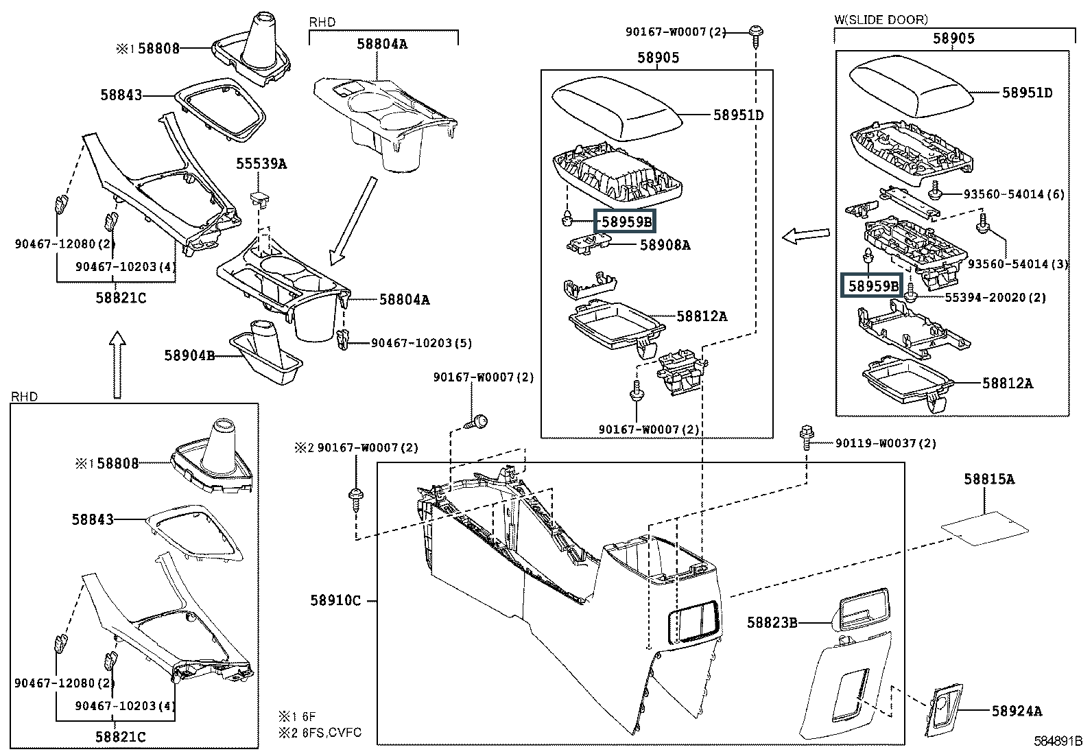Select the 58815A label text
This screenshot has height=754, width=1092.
pyautogui.click(x=988, y=479)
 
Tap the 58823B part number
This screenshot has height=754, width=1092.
pyautogui.click(x=772, y=622)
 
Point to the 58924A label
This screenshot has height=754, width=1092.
pyautogui.click(x=1017, y=711)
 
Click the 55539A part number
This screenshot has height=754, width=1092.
pyautogui.click(x=261, y=164)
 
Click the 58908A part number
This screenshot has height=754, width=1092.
pyautogui.click(x=665, y=244)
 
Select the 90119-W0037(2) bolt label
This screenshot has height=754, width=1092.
pyautogui.click(x=885, y=443)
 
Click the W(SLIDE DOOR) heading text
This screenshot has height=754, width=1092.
pyautogui.click(x=881, y=20)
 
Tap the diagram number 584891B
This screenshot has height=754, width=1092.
pyautogui.click(x=1058, y=742)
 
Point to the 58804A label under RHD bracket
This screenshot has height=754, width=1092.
pyautogui.click(x=381, y=44)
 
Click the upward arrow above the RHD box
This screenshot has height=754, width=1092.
pyautogui.click(x=118, y=364)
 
